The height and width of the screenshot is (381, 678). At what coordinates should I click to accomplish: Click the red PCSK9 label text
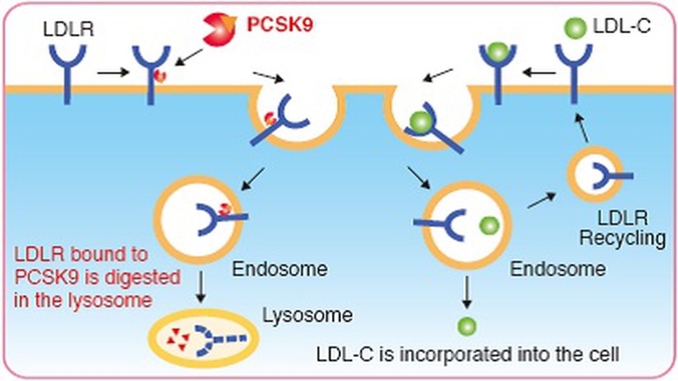(280, 25)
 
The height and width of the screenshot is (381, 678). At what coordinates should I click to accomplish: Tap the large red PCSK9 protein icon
(220, 29)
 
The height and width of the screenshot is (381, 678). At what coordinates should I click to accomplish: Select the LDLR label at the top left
(68, 29)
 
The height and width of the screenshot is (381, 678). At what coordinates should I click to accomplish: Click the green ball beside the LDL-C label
(575, 28)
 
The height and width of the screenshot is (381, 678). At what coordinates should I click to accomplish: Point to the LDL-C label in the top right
(621, 26)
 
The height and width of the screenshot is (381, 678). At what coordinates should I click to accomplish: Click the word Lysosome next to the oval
(307, 315)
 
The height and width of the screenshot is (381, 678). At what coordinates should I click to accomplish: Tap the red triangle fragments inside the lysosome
(178, 338)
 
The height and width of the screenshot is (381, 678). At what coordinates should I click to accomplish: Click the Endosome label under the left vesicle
(280, 269)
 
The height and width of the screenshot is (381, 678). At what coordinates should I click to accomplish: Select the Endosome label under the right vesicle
(558, 269)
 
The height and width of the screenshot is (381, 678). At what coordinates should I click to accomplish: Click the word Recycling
(622, 238)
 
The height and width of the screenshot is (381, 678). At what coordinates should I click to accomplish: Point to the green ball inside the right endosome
(490, 225)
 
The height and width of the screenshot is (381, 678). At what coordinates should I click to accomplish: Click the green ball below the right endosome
(467, 326)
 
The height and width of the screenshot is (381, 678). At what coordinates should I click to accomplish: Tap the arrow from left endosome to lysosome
(200, 287)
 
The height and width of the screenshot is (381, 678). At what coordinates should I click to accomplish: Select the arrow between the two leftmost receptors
(113, 72)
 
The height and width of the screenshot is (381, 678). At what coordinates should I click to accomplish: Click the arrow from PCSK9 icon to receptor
(188, 57)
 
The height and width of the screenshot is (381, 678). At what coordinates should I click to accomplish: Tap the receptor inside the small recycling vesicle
(610, 176)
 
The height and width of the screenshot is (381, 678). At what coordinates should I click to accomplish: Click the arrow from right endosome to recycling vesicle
(542, 201)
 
